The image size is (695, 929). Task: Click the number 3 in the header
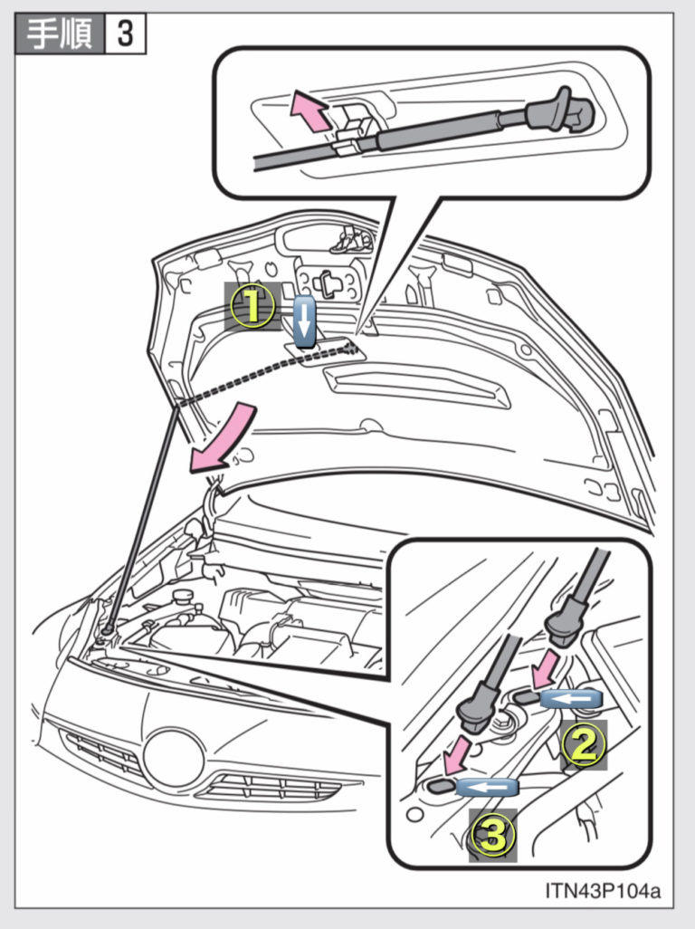(x=126, y=34)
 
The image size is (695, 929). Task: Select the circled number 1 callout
(x=252, y=307)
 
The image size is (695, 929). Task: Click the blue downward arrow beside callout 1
(x=304, y=320)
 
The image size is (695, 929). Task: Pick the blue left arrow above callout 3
(x=486, y=787)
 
